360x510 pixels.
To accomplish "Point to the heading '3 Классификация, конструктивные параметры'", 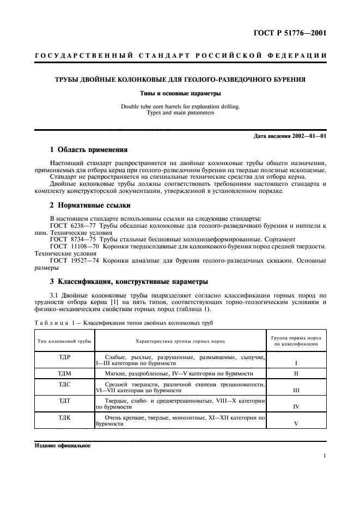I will tap(129, 282).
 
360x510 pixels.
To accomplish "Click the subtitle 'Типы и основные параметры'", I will tap(180, 93).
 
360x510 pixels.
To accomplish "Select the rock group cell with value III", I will tap(296, 390).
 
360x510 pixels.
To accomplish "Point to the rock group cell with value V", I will tap(296, 423).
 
